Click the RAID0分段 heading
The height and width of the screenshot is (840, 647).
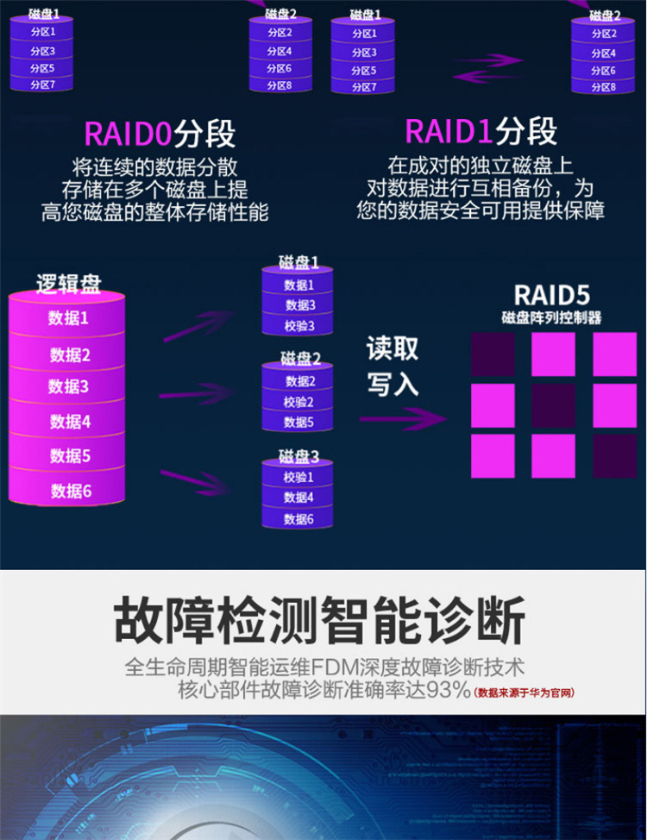[159, 134]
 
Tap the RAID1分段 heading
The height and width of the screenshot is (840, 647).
[481, 132]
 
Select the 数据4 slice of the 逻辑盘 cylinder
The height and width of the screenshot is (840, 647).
[70, 422]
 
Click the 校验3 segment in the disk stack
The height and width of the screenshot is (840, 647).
[299, 327]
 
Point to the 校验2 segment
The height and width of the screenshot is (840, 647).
[298, 402]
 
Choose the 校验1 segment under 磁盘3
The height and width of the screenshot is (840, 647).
[298, 477]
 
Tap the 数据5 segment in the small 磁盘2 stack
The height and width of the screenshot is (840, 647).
[298, 423]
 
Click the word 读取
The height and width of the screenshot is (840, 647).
[393, 348]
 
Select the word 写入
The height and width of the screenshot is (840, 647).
[393, 385]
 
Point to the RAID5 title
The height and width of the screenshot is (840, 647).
[551, 295]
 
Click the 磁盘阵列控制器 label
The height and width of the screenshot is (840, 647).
[551, 317]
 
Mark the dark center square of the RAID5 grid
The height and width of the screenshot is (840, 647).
[553, 405]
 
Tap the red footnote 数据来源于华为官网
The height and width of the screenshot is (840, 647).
[525, 693]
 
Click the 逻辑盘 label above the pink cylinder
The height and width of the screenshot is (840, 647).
[69, 284]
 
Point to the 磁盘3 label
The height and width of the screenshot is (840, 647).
[298, 456]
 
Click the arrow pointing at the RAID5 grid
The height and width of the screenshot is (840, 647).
[405, 419]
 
